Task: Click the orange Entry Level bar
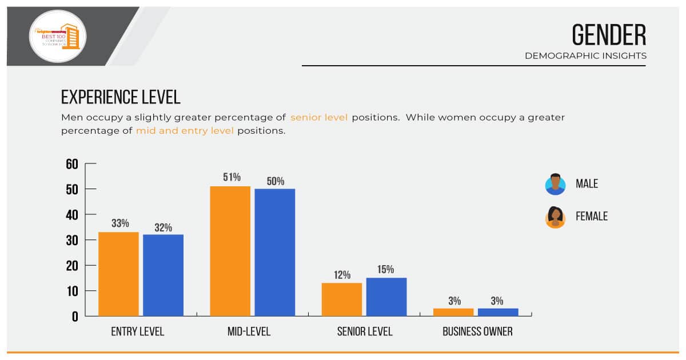118,274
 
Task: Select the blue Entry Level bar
163,275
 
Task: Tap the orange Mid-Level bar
230,251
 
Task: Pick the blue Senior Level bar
386,297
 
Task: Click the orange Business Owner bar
453,312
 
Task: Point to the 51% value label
232,177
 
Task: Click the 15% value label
385,269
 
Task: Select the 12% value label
342,275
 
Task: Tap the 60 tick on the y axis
72,165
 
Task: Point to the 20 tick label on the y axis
72,266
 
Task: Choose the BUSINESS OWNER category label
477,331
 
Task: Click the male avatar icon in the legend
555,185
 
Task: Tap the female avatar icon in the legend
555,217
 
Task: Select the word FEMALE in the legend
592,217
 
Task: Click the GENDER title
609,36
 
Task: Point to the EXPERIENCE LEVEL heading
121,97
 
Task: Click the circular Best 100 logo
58,36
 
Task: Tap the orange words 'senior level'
319,118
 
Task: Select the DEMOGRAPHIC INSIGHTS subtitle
585,56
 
